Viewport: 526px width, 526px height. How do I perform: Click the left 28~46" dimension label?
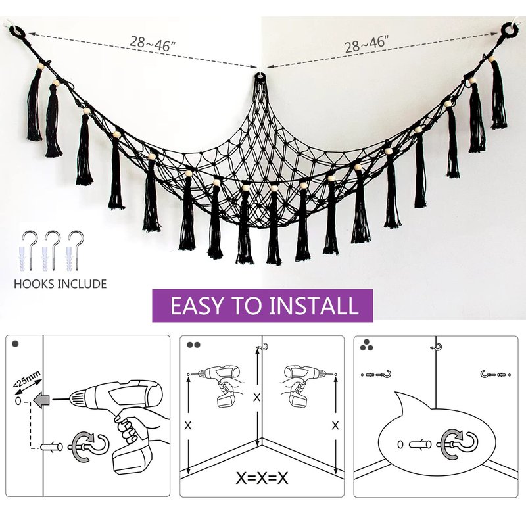point(153,44)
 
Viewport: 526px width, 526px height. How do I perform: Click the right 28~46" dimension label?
point(366,44)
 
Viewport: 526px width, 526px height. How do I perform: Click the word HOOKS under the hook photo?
point(34,284)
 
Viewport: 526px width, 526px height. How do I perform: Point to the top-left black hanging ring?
point(16,31)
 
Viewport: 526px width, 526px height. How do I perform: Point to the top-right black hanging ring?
point(509,30)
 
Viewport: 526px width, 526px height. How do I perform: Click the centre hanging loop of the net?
point(258,76)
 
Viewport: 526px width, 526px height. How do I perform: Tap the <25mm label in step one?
point(27,381)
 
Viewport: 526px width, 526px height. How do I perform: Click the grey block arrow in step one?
point(41,400)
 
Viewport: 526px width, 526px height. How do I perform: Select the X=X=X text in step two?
point(262,479)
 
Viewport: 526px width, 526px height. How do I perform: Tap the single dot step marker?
point(15,344)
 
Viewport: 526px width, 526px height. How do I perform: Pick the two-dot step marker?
point(193,345)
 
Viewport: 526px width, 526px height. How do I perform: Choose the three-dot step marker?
point(366,345)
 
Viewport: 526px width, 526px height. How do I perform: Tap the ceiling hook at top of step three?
point(436,347)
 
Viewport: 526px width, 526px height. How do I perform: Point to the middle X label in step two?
point(256,398)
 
